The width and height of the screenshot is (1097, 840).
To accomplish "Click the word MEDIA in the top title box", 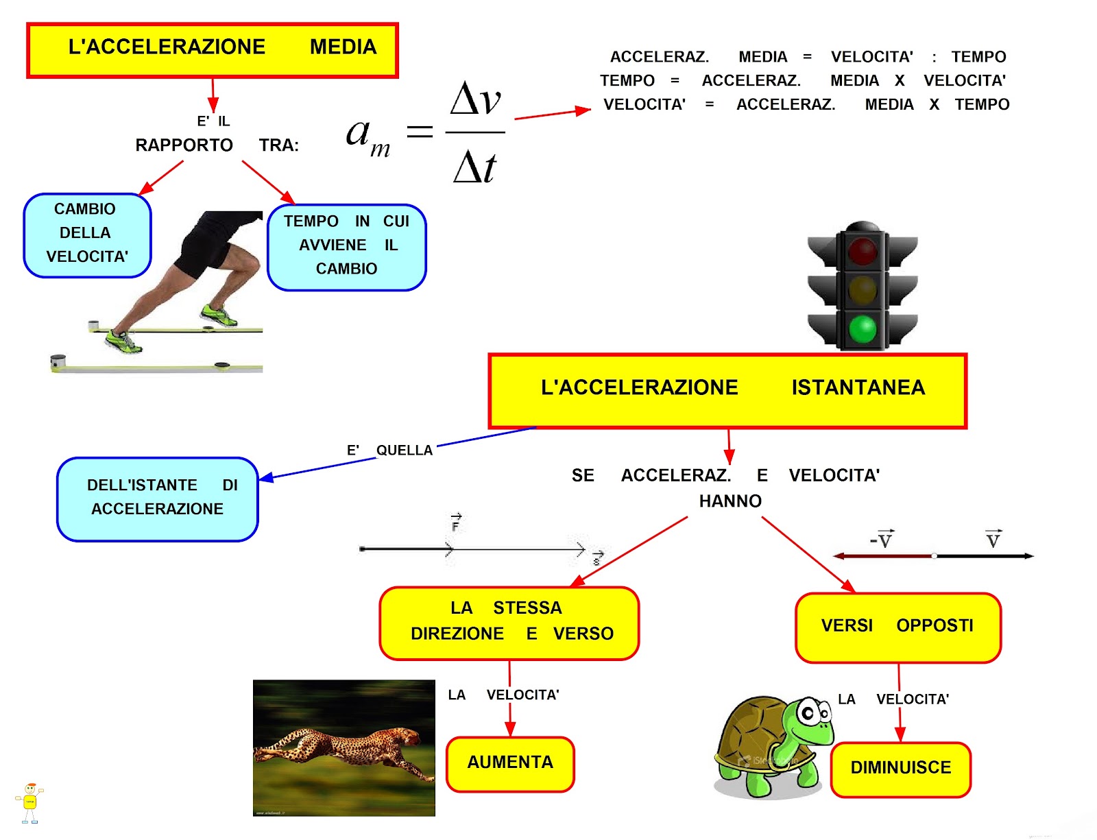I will click(343, 47).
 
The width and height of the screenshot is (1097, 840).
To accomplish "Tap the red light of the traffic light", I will click(863, 250).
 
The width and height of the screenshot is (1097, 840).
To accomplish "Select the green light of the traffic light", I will click(863, 328).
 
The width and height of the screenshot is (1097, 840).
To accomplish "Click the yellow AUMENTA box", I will click(510, 763).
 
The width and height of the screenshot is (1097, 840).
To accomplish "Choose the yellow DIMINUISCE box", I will click(900, 769).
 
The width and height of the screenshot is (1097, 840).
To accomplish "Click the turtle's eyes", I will click(812, 712).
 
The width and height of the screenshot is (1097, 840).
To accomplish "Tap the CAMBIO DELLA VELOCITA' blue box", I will click(86, 234).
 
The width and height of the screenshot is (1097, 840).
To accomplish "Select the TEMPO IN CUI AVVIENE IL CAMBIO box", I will click(346, 246).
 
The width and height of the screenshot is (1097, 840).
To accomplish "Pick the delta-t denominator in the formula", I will click(474, 167).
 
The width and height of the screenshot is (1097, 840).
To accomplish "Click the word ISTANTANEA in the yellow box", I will click(858, 388).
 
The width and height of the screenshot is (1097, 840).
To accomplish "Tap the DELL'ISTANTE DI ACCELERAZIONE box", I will click(158, 499).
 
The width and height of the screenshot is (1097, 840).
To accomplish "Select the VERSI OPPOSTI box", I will click(897, 627).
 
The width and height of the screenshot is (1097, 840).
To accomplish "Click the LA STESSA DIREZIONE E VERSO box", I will click(509, 622).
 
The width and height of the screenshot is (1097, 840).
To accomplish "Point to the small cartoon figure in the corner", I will click(29, 802).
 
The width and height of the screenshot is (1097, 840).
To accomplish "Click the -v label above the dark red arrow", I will click(882, 540).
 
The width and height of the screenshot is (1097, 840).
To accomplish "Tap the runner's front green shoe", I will click(219, 316).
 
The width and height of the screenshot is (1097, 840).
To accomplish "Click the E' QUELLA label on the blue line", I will click(389, 451).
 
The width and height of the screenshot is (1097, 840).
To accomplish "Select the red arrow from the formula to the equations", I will click(552, 114).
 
